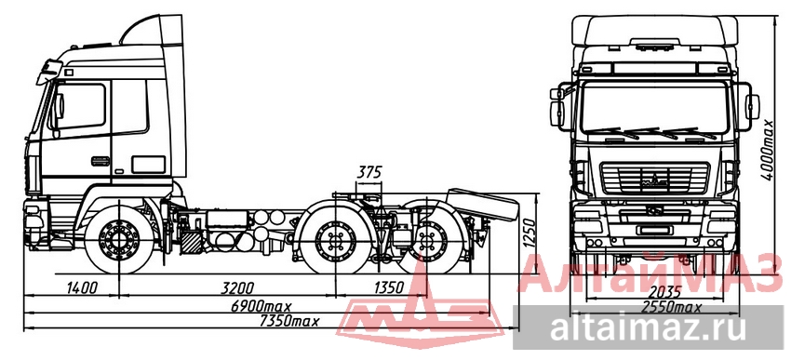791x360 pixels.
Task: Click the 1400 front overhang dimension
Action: tap(81, 287)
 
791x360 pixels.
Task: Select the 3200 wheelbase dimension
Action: tap(237, 287)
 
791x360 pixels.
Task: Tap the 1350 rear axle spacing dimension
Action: tap(388, 287)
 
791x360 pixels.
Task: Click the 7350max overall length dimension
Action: tap(289, 321)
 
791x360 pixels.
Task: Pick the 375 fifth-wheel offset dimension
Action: tap(369, 172)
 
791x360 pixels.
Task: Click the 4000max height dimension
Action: tap(768, 150)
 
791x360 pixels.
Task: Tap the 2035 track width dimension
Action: tap(664, 291)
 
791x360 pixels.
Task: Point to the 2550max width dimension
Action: tap(671, 307)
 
